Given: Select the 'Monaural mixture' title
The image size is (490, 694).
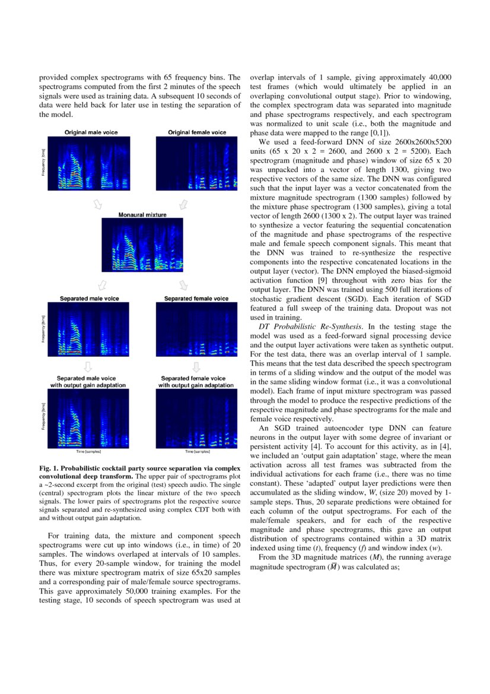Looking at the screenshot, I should (x=142, y=214).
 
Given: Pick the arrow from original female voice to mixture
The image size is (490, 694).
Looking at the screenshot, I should (x=184, y=204).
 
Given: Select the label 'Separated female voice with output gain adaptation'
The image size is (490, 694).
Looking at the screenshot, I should (x=193, y=382).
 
